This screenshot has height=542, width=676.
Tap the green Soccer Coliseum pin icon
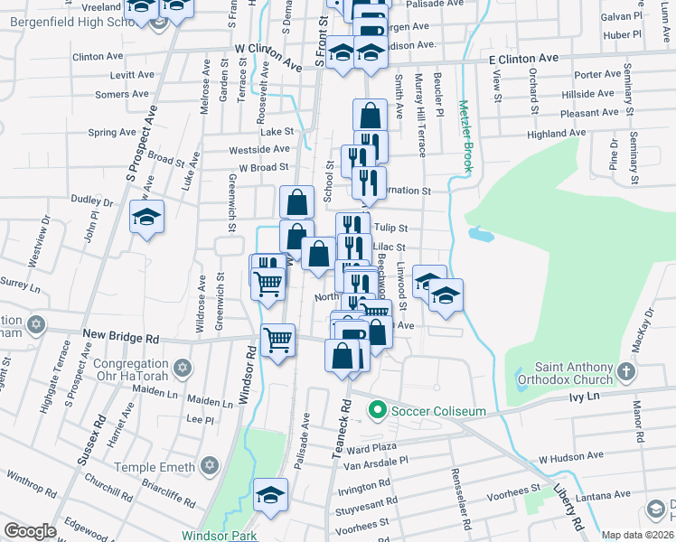[x=379, y=411]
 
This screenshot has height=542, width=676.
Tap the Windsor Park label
[x=220, y=535]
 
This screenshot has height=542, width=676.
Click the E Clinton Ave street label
[x=524, y=58]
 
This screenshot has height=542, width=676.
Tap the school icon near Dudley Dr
[x=146, y=218]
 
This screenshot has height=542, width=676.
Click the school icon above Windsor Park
[x=271, y=495]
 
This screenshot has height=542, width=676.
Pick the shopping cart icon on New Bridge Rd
[x=277, y=341]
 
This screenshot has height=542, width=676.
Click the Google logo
[x=30, y=531]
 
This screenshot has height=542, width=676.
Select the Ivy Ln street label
[x=584, y=396]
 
